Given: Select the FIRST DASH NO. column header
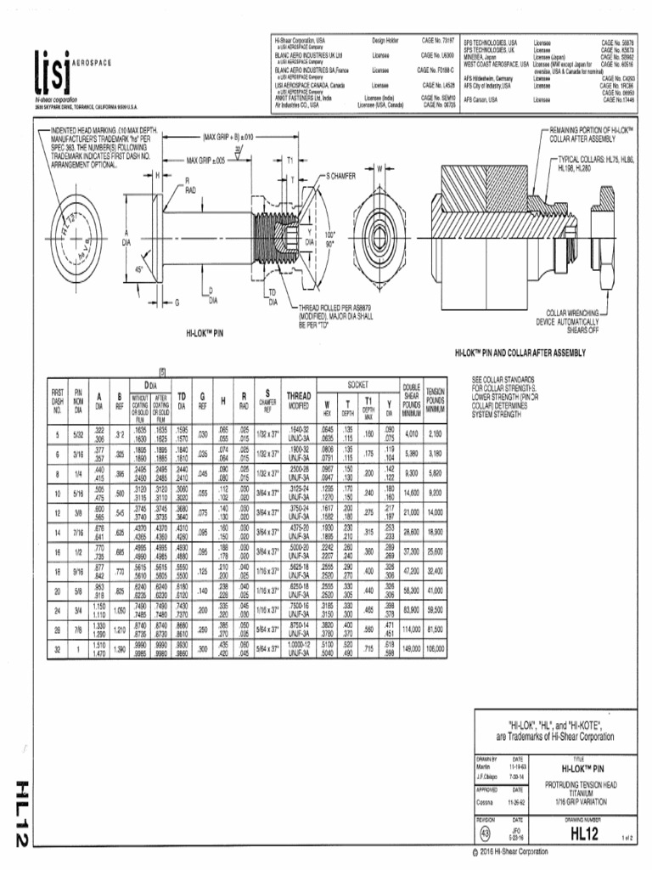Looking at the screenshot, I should [58, 401].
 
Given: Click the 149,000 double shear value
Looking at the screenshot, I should [411, 648].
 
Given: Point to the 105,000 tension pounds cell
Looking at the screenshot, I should [436, 648].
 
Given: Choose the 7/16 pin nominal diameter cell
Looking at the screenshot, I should [78, 531].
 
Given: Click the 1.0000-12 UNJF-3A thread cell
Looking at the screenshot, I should [299, 648].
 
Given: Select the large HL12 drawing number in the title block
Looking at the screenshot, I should [585, 834].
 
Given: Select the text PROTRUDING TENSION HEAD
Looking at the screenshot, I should [587, 783].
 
